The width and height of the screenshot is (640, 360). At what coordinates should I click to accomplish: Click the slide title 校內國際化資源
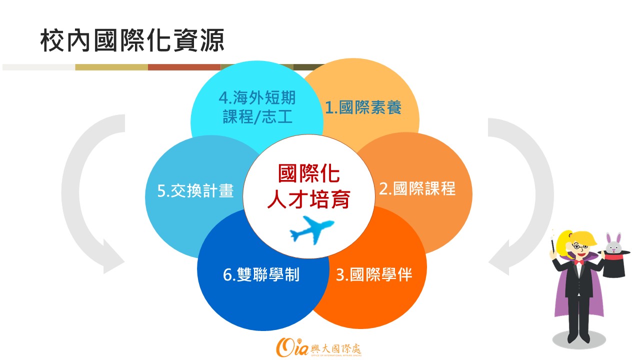click(132, 40)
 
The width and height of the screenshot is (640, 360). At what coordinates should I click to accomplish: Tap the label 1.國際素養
click(363, 107)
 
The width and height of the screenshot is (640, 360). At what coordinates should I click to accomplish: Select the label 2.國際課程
click(417, 188)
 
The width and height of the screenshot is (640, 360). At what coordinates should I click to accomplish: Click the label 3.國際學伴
click(374, 274)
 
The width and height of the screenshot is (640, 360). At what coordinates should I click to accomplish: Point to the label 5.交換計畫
click(195, 190)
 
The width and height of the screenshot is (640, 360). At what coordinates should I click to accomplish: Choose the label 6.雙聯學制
click(261, 274)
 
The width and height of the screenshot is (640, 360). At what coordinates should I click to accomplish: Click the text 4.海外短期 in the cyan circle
click(257, 97)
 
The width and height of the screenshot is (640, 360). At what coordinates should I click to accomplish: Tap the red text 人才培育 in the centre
click(309, 199)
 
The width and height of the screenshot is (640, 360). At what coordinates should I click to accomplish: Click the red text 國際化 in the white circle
click(309, 173)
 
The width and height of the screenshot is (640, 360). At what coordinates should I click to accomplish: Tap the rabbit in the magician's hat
click(613, 243)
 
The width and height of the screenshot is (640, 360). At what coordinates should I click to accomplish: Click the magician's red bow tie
click(579, 262)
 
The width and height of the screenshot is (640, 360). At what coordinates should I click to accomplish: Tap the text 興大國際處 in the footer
click(336, 348)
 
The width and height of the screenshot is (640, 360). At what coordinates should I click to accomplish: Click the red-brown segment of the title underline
click(184, 67)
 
